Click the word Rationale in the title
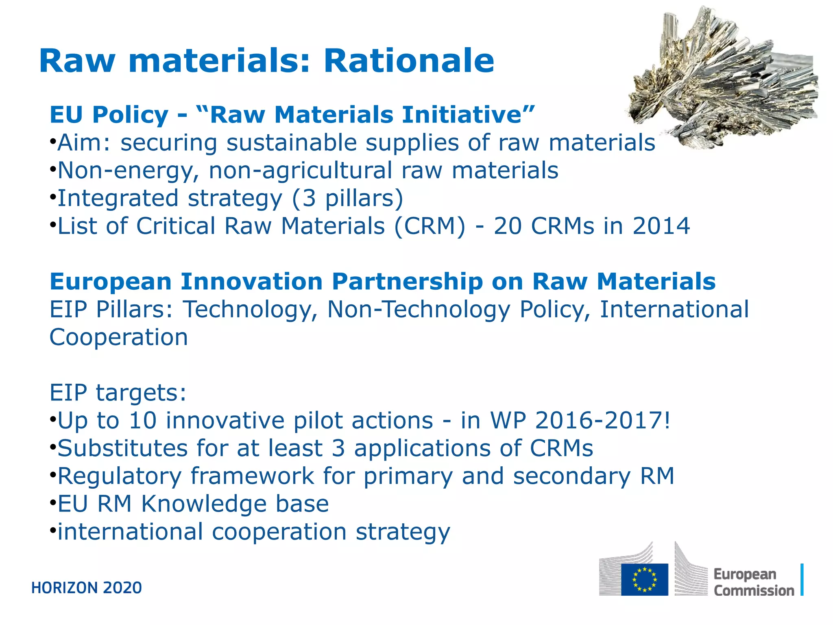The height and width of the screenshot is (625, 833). pos(408,61)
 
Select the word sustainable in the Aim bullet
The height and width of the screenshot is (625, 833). pos(291,143)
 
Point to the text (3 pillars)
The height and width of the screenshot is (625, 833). pos(348,198)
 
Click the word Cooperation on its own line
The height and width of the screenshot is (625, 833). pos(118,337)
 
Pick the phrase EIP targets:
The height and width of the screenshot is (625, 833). pos(118,393)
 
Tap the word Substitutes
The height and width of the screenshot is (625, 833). pos(122,448)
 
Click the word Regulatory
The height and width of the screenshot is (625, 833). pos(120,476)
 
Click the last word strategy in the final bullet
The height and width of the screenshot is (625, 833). pos(403,532)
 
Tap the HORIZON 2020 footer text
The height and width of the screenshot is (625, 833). pos(87,588)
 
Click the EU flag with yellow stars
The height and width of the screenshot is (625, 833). pos(644,579)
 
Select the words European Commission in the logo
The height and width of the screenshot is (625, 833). pos(753,582)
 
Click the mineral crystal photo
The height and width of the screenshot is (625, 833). pos(724,77)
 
